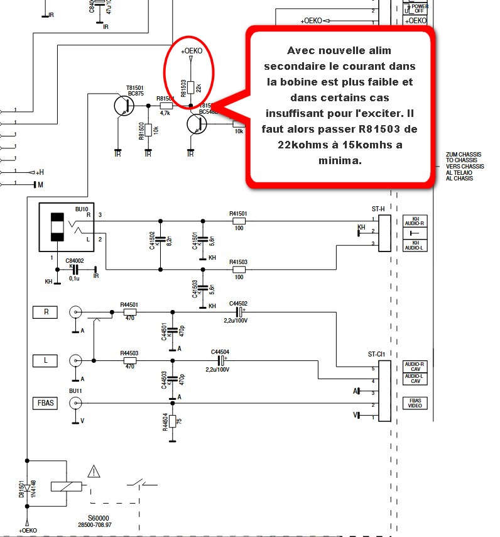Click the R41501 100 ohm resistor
click(238, 221)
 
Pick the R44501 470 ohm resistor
click(130, 311)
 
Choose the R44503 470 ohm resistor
click(130, 360)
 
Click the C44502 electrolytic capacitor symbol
click(239, 311)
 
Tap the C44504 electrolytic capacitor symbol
click(220, 360)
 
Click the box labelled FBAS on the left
click(46, 403)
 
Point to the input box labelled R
click(46, 311)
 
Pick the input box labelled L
click(46, 360)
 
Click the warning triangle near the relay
click(94, 470)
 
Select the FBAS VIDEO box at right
click(415, 403)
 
